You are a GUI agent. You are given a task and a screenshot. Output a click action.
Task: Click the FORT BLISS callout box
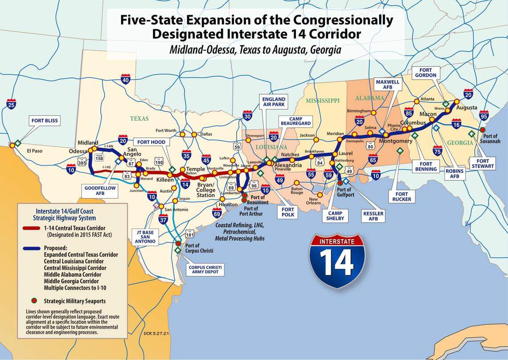tap(45, 120)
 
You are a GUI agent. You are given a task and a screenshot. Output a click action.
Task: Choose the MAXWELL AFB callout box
tap(388, 86)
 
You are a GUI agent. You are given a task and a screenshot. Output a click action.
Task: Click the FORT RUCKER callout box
tap(401, 196)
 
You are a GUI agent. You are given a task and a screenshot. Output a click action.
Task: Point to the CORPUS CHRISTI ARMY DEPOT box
tap(205, 270)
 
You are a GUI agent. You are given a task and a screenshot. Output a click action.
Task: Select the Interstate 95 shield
tap(483, 116)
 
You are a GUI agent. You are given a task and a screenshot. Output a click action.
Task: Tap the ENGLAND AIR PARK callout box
tap(274, 101)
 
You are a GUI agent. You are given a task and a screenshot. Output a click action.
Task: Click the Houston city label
tap(229, 205)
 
